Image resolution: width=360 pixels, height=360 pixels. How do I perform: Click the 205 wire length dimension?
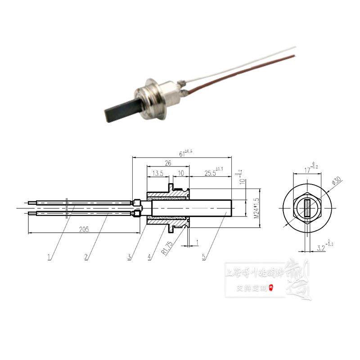point(83,229)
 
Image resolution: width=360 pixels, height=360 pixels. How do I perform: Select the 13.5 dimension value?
point(157,174)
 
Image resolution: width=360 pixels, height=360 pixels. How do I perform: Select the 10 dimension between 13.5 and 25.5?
point(180,174)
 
